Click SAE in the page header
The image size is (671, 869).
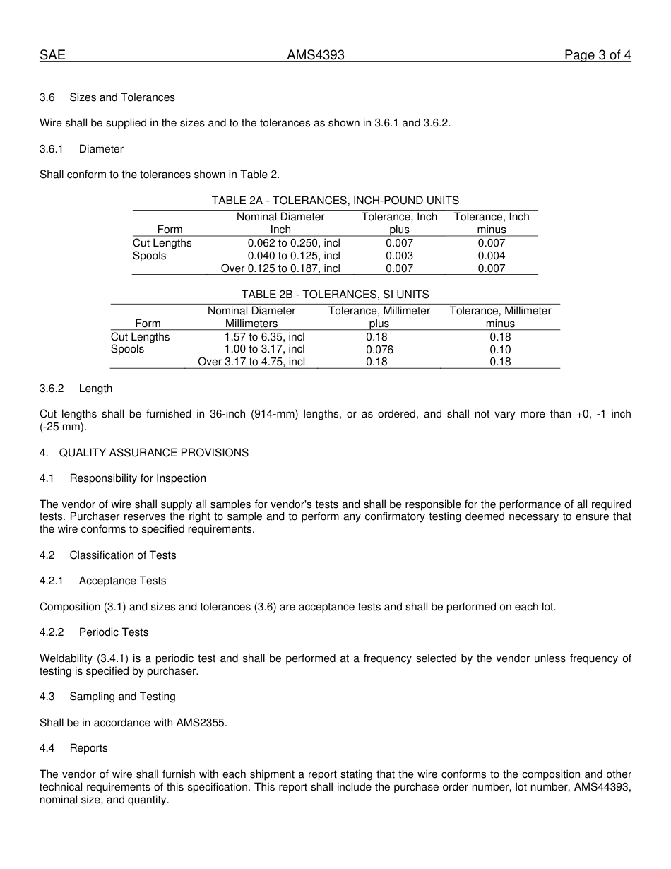(52, 55)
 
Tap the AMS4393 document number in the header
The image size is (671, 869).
(316, 55)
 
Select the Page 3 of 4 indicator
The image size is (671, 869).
(598, 55)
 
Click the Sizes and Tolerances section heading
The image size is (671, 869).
(121, 97)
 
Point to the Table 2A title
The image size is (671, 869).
(335, 201)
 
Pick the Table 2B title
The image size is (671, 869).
(335, 295)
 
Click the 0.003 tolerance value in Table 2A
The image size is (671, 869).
(399, 256)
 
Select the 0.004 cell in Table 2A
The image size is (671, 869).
(491, 256)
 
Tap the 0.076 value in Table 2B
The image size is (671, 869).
(379, 350)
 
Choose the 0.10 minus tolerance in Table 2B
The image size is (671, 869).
(500, 350)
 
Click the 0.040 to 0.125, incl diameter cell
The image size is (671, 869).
(293, 256)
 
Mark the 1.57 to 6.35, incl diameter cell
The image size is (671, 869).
(264, 337)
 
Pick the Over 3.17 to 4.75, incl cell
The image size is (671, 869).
(251, 362)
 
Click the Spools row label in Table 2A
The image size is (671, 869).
(150, 256)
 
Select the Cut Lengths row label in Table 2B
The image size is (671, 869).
(141, 337)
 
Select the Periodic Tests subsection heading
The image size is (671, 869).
(113, 632)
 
